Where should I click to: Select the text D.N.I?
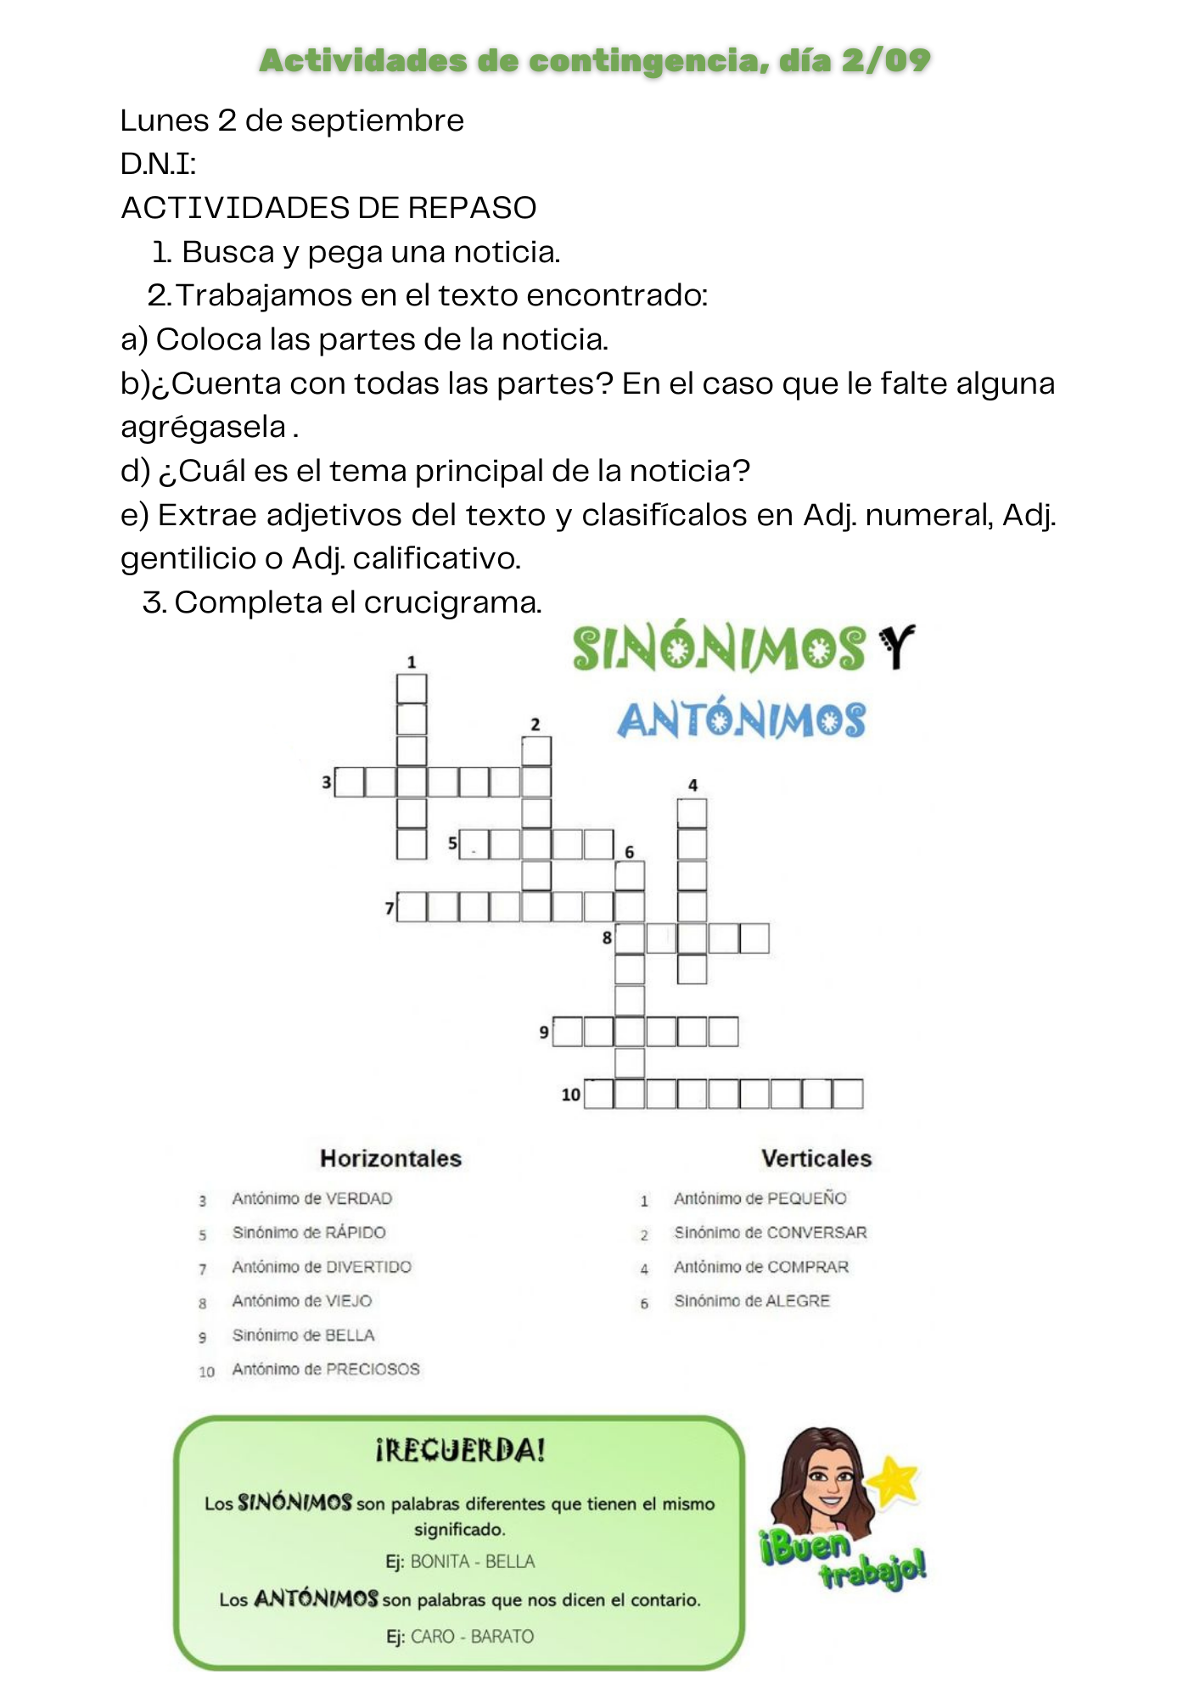[159, 165]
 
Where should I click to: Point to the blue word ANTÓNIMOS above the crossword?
[741, 720]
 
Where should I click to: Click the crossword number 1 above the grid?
[412, 662]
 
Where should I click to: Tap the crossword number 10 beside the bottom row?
[570, 1095]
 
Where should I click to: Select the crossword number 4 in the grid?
[693, 785]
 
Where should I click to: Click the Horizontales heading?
[390, 1158]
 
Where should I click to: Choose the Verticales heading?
[816, 1158]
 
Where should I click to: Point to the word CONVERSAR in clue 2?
[816, 1233]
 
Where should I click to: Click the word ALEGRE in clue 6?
[797, 1301]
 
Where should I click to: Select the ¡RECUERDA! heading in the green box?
[460, 1450]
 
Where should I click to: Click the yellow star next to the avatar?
[896, 1481]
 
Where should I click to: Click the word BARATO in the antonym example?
[502, 1636]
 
